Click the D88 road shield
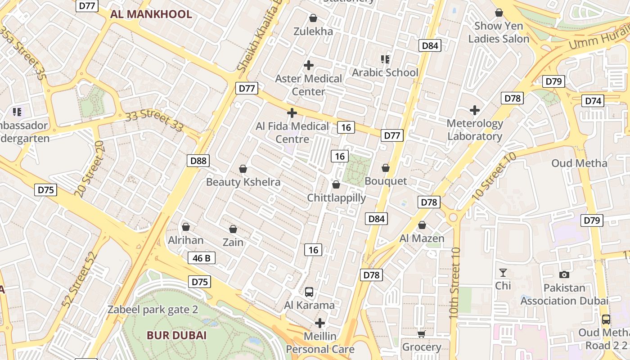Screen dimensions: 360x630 coord(198,161)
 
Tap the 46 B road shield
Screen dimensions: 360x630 coord(201,258)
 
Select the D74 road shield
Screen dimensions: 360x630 coord(594,101)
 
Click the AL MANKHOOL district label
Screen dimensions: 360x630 coord(151,14)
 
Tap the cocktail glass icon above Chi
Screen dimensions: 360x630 coord(503,273)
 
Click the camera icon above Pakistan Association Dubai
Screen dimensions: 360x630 coord(564,274)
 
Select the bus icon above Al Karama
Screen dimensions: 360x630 coord(309,292)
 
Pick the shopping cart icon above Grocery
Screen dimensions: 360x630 coord(421,334)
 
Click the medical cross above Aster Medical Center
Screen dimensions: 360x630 coord(309,65)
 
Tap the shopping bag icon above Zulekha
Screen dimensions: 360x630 coord(313,18)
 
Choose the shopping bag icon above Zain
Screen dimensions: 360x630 coord(233,229)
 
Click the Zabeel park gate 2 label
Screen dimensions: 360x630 coord(153,310)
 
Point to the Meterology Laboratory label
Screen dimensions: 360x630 coord(475,130)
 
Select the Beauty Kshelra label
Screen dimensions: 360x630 coord(243,182)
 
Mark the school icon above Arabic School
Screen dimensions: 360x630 coord(385,59)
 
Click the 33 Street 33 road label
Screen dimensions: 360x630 coord(154,121)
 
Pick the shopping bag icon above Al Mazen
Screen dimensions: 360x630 coord(422,225)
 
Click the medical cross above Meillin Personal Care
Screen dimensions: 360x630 coord(320,323)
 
